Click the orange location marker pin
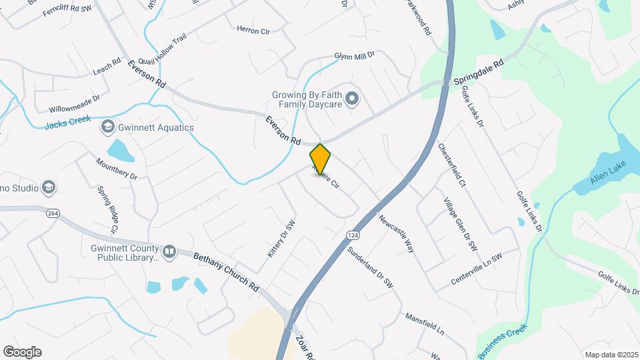tap(320, 159)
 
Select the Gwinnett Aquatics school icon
tap(107, 127)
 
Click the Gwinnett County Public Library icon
tap(169, 251)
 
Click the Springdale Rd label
tap(478, 71)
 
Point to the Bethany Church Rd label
tap(225, 270)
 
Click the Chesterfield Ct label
tap(452, 164)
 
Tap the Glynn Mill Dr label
tap(355, 57)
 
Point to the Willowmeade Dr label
tap(74, 103)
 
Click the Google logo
tap(22, 351)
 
